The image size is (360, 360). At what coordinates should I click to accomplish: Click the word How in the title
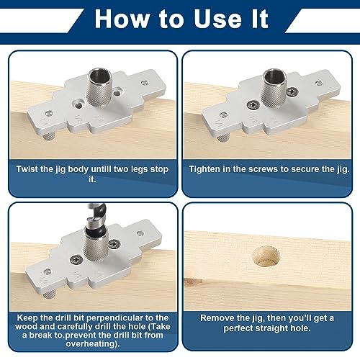[119, 19]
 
